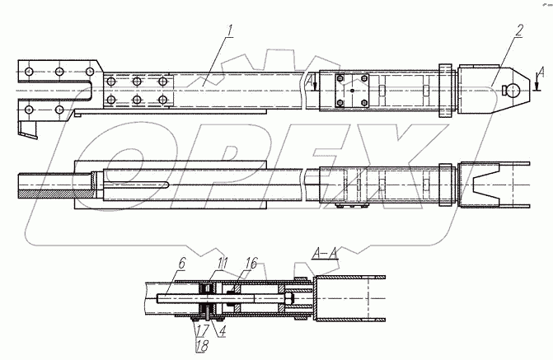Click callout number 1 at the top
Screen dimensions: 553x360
point(232,32)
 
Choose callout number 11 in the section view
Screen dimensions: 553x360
point(221,264)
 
